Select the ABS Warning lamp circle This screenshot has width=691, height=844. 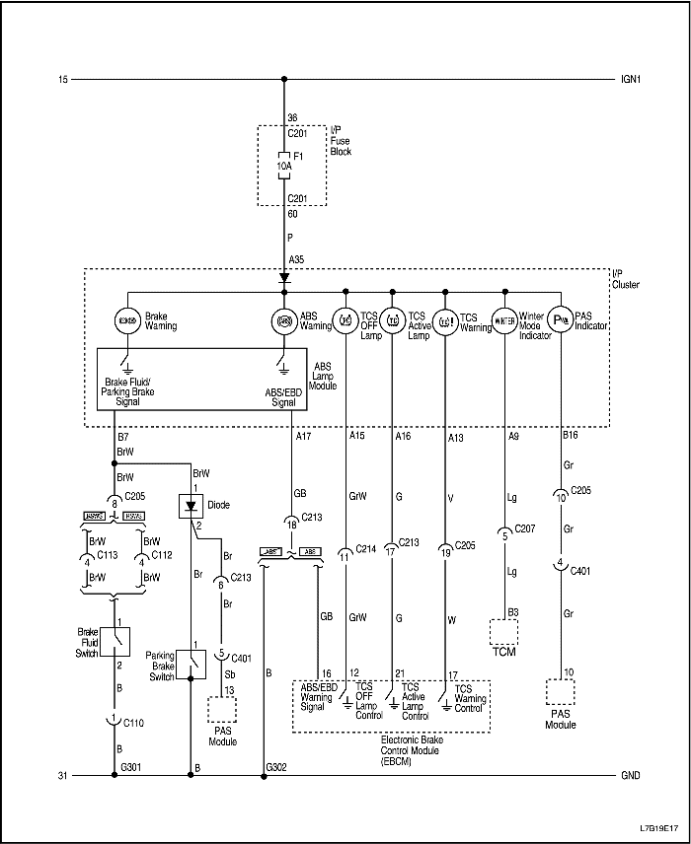[x=284, y=320]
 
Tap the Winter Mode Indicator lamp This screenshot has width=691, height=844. [x=505, y=320]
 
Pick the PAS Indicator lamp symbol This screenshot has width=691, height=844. [x=561, y=320]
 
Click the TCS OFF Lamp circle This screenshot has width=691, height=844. [x=346, y=320]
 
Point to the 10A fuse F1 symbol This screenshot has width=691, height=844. [x=283, y=167]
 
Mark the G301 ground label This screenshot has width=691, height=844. [x=131, y=766]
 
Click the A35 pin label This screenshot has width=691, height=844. [x=297, y=259]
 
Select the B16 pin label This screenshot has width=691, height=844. [x=571, y=435]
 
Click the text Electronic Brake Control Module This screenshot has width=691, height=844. [x=392, y=749]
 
